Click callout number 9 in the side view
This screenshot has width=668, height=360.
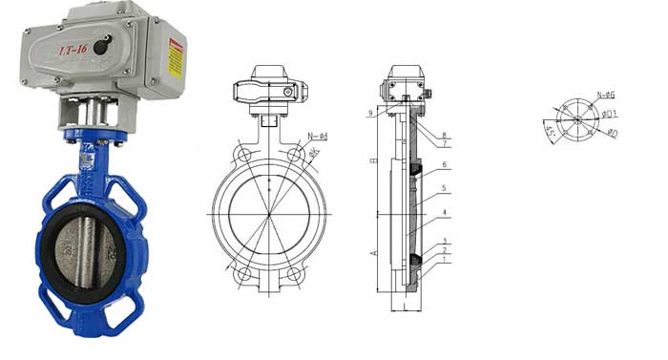pyautogui.click(x=369, y=114)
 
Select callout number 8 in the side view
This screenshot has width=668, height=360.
pyautogui.click(x=444, y=135)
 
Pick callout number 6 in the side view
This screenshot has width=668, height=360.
pyautogui.click(x=444, y=165)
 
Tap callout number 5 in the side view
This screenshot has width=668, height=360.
pyautogui.click(x=444, y=187)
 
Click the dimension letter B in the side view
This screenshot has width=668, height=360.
pyautogui.click(x=373, y=161)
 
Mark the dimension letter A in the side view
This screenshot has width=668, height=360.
pyautogui.click(x=373, y=252)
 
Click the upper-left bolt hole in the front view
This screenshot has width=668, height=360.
pyautogui.click(x=244, y=155)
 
